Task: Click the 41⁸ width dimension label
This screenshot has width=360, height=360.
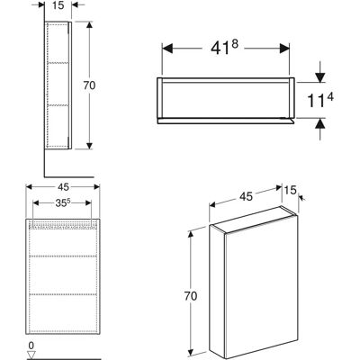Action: click(224, 48)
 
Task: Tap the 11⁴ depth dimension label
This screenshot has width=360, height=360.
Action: click(320, 100)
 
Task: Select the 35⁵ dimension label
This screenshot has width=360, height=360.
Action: click(63, 203)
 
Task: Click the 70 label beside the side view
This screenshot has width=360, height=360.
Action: click(89, 85)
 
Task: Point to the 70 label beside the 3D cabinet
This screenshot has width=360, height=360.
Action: click(191, 296)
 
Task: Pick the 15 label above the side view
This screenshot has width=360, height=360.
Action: click(58, 5)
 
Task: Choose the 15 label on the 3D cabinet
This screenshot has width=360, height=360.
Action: click(290, 190)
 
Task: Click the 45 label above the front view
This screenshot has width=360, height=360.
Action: click(63, 187)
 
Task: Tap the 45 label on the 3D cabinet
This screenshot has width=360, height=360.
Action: click(246, 196)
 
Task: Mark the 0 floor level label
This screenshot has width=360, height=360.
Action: click(31, 346)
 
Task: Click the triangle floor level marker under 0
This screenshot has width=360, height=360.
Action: click(31, 355)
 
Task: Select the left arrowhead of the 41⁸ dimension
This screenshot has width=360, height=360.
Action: click(167, 48)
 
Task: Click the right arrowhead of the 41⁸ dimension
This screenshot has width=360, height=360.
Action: click(284, 48)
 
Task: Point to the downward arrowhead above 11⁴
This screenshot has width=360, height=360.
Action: click(320, 77)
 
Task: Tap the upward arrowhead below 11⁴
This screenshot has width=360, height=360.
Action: click(320, 123)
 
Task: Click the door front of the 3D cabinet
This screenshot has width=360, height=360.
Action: click(260, 287)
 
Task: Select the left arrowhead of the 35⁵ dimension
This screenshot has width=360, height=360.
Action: click(36, 203)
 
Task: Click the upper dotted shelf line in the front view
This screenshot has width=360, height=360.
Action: click(63, 256)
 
